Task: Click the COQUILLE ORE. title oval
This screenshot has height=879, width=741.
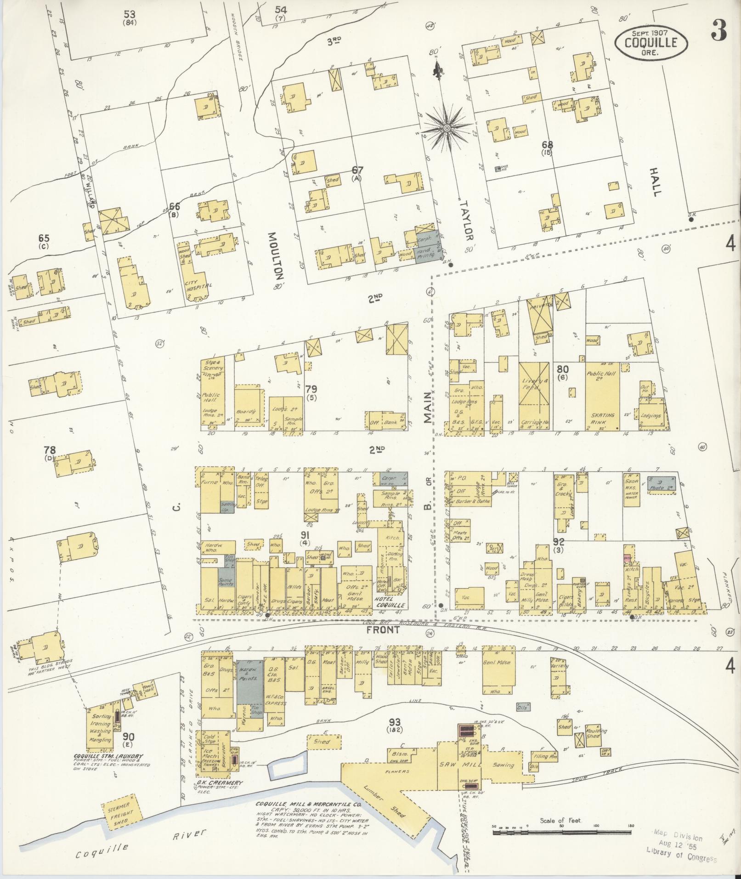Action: (651, 42)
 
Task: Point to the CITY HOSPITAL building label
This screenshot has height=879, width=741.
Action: (198, 288)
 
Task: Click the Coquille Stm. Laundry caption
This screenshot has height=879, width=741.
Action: (107, 756)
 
